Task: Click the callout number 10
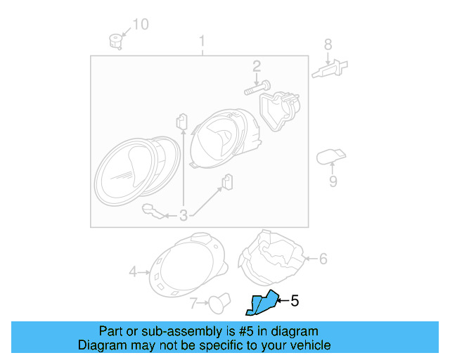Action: (141, 25)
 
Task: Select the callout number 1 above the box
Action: (202, 40)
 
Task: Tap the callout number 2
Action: (257, 67)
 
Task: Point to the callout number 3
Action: (184, 216)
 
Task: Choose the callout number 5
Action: (295, 301)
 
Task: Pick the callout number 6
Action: (323, 259)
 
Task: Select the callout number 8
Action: (328, 45)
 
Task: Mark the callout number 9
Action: (333, 181)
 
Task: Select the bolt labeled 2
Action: (254, 89)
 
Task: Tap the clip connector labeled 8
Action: (329, 70)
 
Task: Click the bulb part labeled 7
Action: (217, 304)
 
